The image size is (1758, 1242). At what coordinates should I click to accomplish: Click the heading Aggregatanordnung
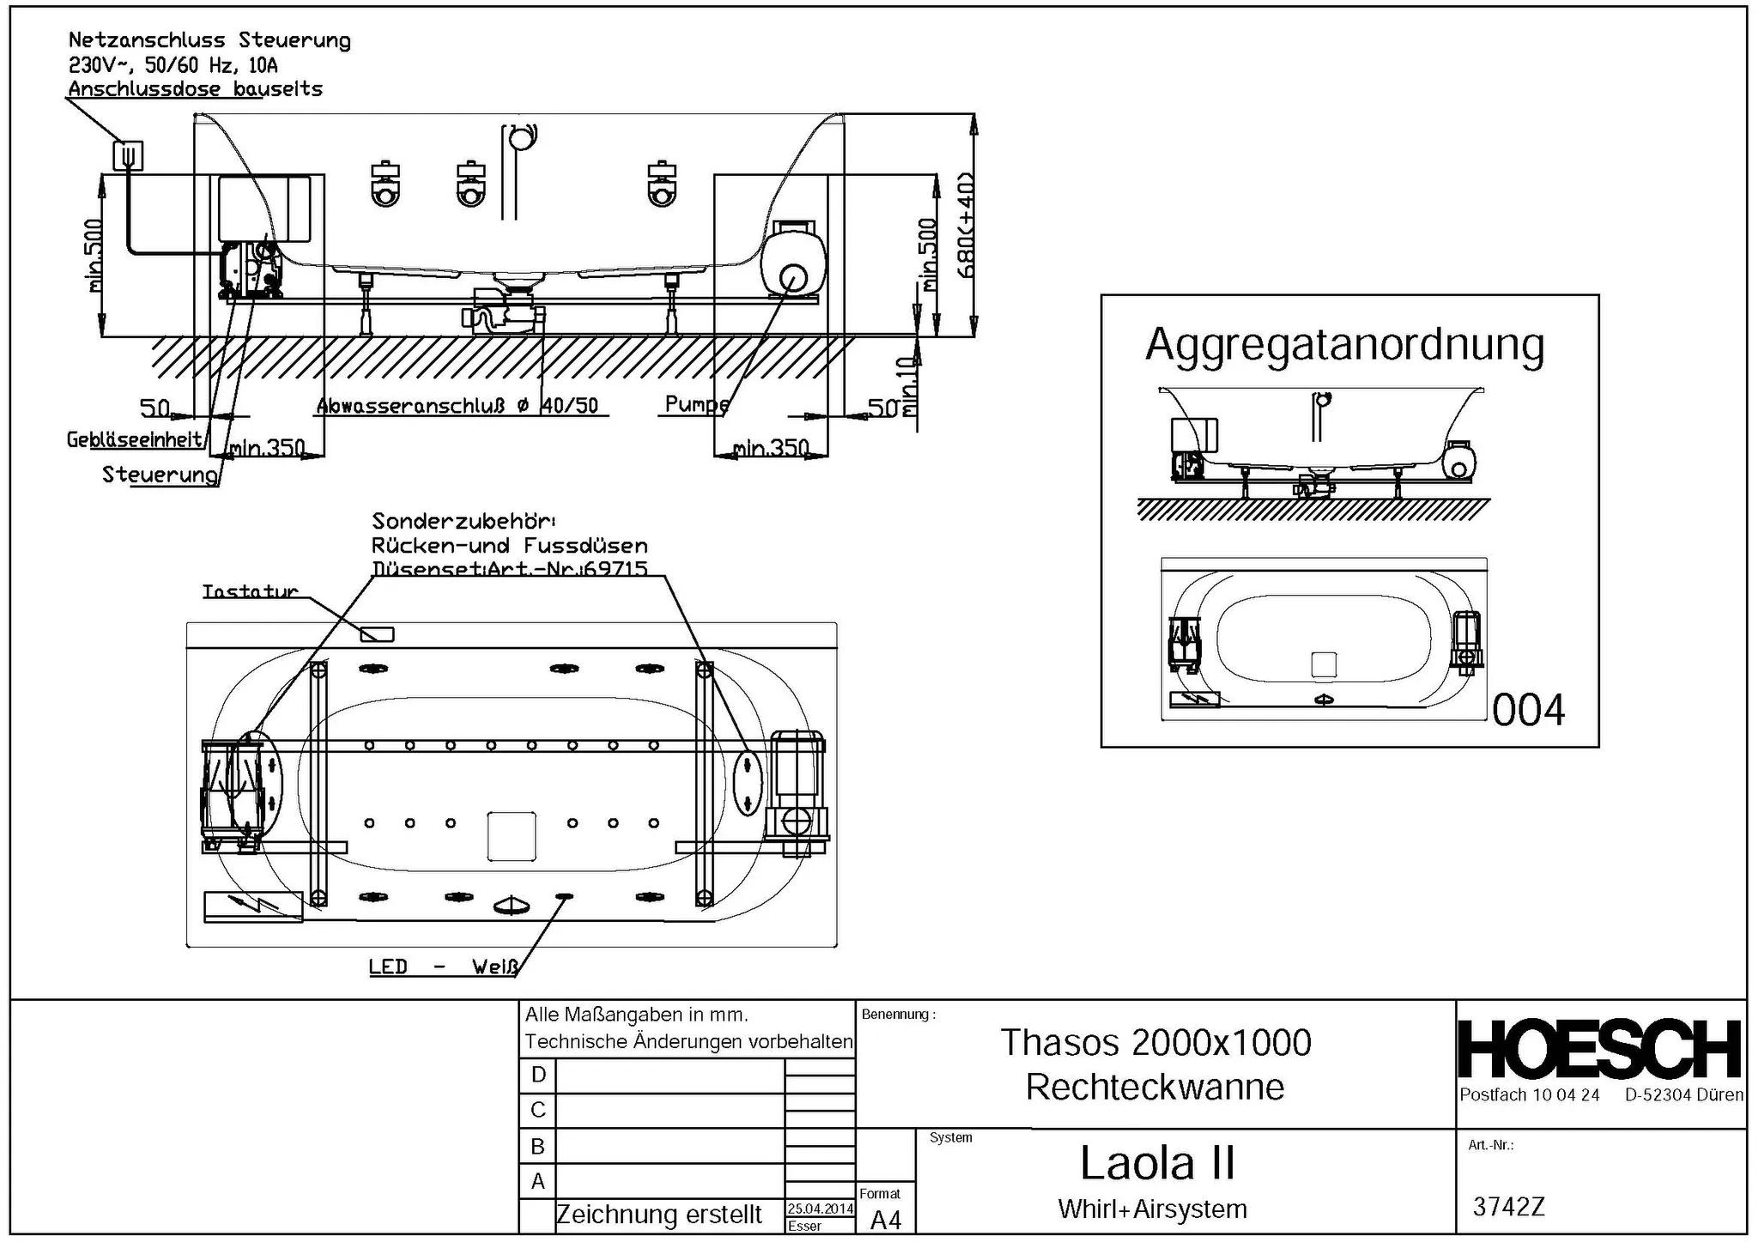click(1344, 345)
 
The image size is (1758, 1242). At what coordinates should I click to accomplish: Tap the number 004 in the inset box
click(1528, 711)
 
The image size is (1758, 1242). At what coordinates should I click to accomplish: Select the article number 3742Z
click(1508, 1207)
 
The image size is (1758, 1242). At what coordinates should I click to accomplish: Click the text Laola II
click(1156, 1164)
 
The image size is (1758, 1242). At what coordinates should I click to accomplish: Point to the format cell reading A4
click(885, 1220)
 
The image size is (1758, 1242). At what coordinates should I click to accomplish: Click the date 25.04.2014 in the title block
click(820, 1209)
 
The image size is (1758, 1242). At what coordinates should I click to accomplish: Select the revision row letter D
click(538, 1075)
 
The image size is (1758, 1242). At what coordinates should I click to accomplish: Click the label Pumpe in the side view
click(696, 403)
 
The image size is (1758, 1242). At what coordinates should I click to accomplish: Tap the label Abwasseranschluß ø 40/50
click(457, 406)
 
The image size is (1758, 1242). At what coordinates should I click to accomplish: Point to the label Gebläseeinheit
click(135, 439)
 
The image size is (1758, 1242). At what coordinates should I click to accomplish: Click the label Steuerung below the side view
click(160, 475)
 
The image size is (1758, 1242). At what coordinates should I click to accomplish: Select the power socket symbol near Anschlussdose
click(128, 155)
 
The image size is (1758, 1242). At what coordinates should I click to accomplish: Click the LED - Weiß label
click(443, 966)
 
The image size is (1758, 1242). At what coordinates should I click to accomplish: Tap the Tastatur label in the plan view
click(250, 591)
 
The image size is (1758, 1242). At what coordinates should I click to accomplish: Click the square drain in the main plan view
click(512, 836)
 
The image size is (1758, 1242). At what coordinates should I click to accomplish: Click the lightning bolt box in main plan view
click(253, 906)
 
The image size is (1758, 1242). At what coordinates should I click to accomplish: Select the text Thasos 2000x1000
click(1155, 1043)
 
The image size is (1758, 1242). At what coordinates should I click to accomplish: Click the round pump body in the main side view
click(794, 263)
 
